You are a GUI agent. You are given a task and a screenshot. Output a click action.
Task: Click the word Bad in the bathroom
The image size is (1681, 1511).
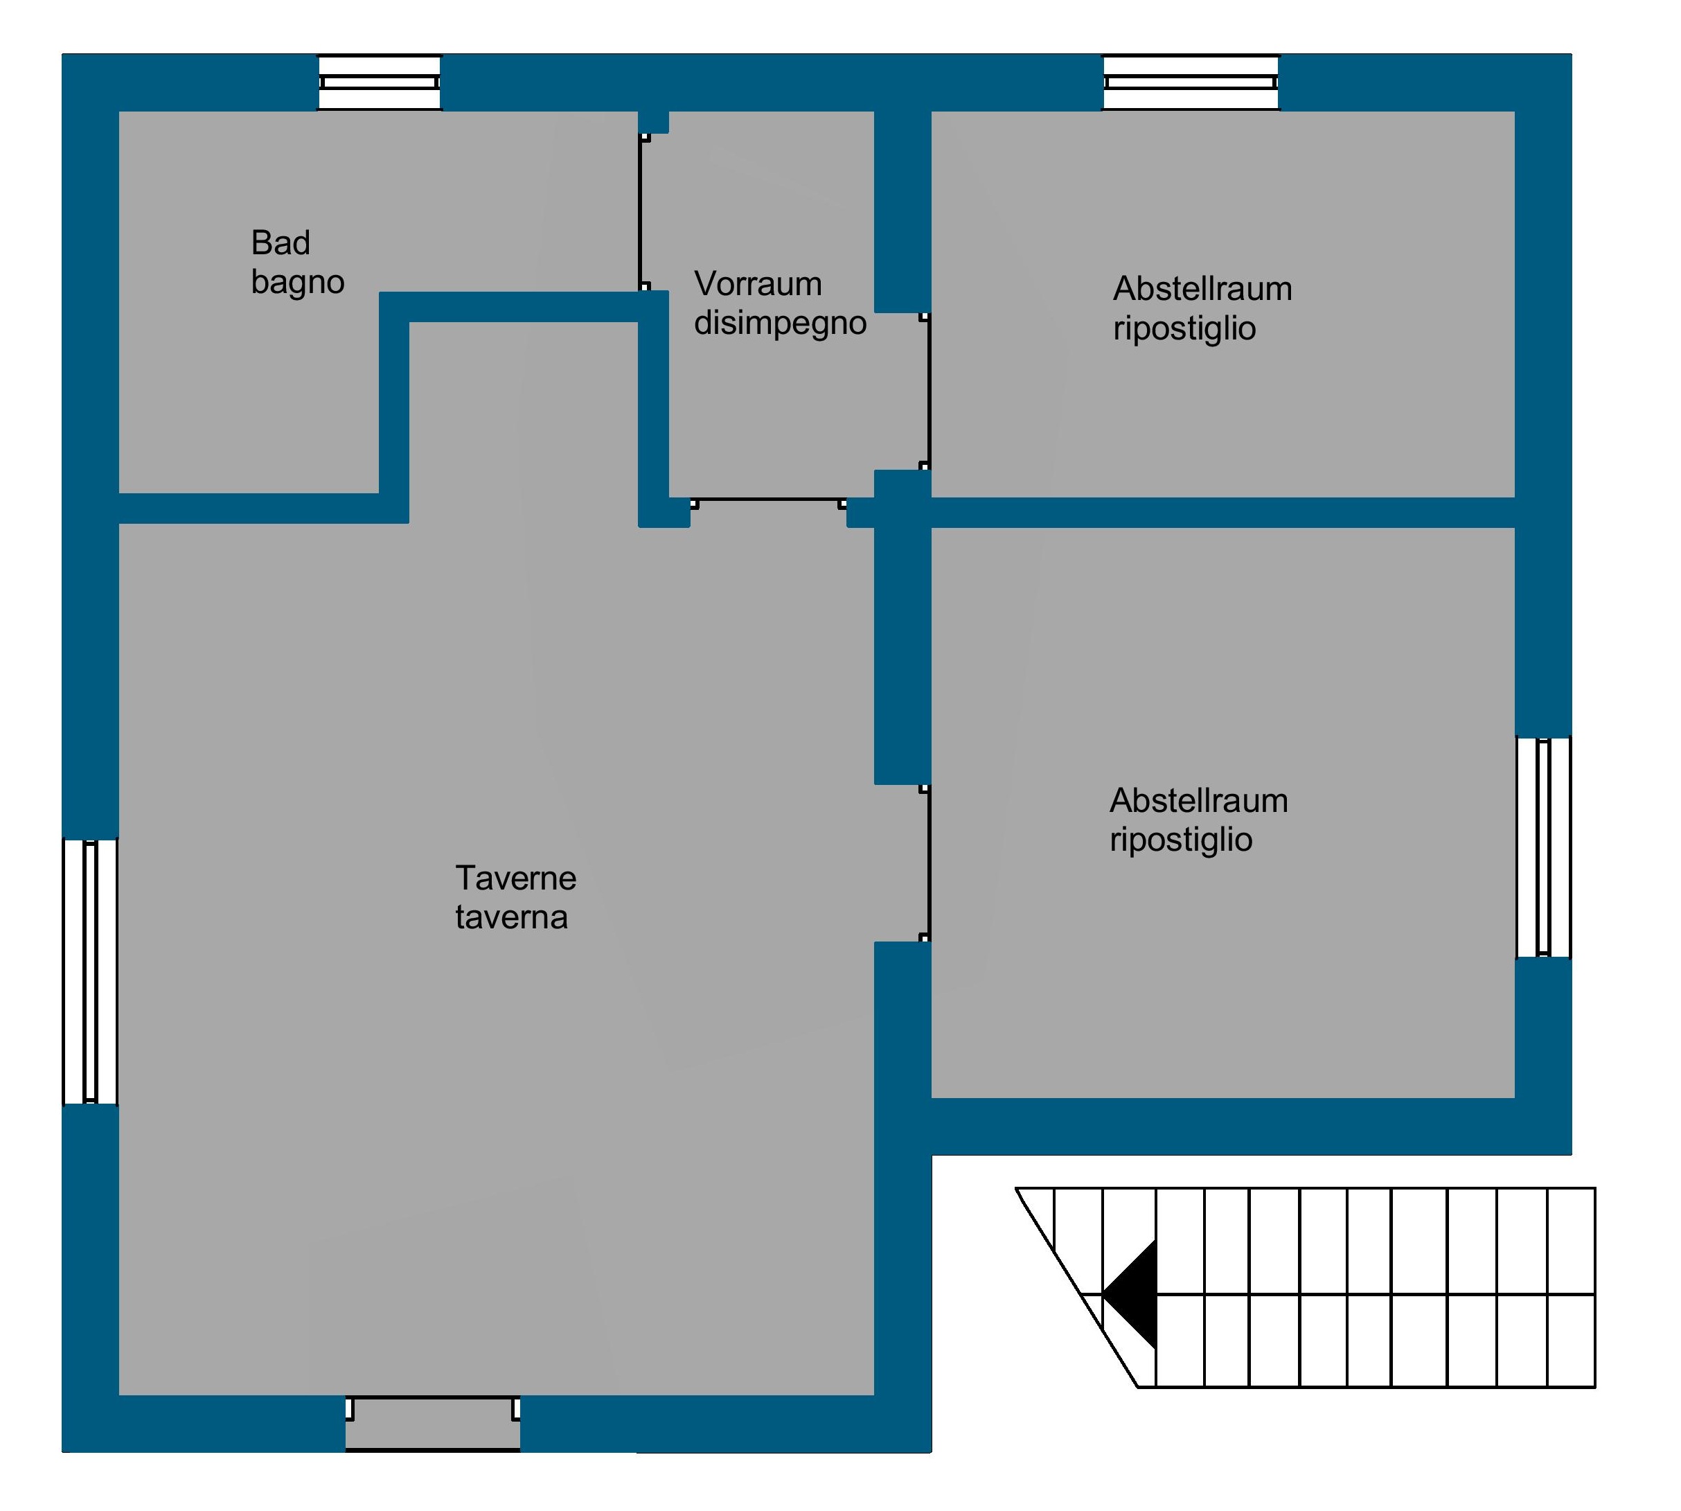pos(281,243)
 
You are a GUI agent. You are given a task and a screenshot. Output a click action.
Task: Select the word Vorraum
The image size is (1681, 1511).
pos(758,284)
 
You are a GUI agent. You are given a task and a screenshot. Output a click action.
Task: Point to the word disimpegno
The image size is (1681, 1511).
pos(781,324)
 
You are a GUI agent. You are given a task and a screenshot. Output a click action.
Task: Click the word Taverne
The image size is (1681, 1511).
pos(515,878)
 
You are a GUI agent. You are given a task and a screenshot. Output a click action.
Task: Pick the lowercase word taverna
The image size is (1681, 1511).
pos(511,917)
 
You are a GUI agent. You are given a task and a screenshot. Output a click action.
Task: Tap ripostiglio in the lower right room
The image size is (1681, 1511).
pos(1180,840)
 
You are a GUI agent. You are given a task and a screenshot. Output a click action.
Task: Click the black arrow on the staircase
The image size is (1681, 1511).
pos(1129,1294)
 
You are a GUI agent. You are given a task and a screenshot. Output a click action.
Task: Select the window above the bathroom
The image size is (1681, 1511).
pos(380,82)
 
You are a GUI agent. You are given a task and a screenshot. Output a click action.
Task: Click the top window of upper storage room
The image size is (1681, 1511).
pos(1191,82)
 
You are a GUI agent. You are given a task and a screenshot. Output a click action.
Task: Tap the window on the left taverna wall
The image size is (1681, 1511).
pos(91,971)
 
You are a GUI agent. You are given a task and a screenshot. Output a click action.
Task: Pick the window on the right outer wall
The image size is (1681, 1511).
pos(1543,847)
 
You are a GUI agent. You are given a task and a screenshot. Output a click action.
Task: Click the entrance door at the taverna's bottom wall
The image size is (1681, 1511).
pos(432,1423)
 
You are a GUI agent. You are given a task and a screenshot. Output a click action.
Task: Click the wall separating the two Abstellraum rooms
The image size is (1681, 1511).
pos(1222,512)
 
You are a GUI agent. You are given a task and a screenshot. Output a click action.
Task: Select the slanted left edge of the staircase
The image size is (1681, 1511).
pos(1076,1288)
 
